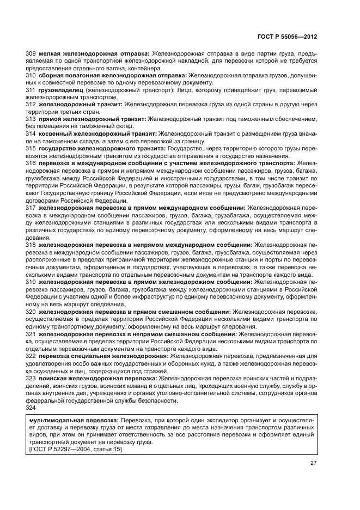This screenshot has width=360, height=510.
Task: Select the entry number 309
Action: (x=31, y=53)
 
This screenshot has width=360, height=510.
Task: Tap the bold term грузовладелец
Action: (x=59, y=89)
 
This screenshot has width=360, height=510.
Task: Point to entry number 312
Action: (x=31, y=104)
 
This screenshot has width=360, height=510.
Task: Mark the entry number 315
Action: (x=31, y=148)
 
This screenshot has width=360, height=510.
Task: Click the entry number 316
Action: (x=31, y=162)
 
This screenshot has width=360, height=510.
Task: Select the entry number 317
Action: (x=31, y=207)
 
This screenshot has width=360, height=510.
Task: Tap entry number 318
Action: (x=31, y=245)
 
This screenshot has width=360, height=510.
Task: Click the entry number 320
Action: (x=31, y=312)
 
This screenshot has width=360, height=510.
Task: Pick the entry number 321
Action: (x=31, y=334)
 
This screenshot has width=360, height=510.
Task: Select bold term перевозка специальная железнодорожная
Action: (x=102, y=356)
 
